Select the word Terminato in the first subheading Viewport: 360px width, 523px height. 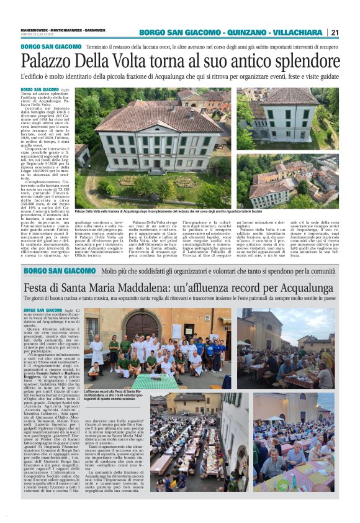click(x=101, y=47)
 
